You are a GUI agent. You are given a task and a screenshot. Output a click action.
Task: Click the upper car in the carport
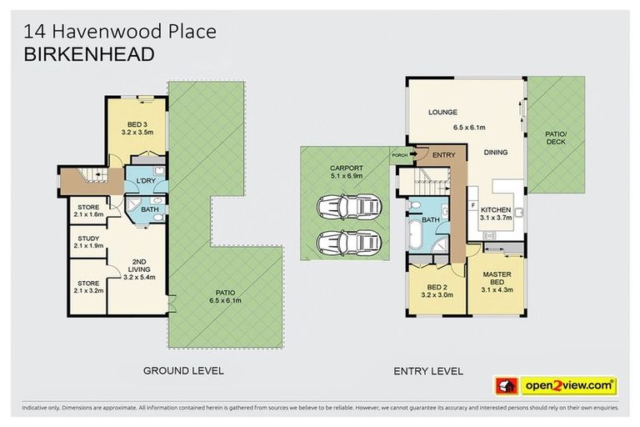point(344,206)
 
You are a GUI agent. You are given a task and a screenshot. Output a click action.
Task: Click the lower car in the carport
point(344,243)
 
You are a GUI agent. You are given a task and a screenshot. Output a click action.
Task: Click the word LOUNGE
point(442,112)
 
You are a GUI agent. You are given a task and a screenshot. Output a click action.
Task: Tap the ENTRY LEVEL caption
point(430,370)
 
